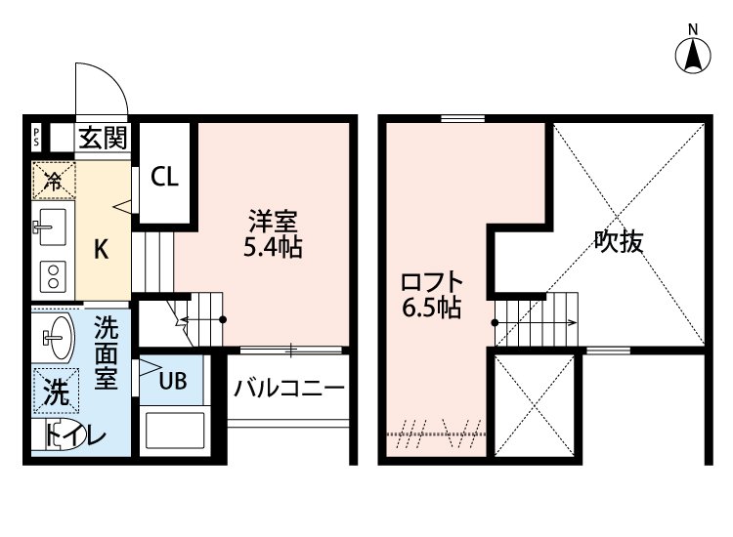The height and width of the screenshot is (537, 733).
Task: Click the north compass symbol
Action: (x=693, y=55)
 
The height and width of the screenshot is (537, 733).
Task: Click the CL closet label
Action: (x=164, y=178)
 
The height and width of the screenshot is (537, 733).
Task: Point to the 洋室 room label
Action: (x=265, y=222)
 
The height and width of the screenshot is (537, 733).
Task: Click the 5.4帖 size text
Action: (x=272, y=248)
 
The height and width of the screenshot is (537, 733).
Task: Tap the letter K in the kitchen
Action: (x=100, y=249)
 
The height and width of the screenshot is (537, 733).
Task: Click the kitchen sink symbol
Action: (x=51, y=228)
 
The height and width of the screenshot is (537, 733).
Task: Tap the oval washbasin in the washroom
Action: (x=57, y=339)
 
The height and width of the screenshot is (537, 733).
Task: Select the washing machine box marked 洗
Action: (x=56, y=392)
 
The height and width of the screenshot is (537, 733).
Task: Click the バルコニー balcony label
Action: (x=288, y=388)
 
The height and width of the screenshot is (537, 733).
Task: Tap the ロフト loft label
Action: (x=432, y=283)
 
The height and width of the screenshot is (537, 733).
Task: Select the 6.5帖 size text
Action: (x=432, y=310)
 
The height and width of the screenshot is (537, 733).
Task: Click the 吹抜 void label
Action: (x=618, y=242)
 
